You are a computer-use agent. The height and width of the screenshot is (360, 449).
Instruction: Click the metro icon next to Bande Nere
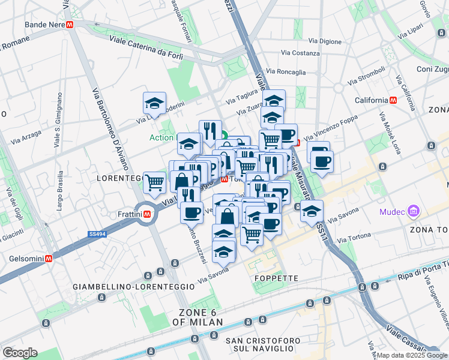tap(70, 25)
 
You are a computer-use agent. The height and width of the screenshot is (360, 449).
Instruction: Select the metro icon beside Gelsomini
tap(49, 258)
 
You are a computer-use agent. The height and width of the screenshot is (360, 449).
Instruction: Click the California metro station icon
tap(393, 100)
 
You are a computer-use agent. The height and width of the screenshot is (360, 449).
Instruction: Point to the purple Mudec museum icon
tap(412, 211)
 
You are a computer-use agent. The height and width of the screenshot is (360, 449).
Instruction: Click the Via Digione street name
tap(325, 41)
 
